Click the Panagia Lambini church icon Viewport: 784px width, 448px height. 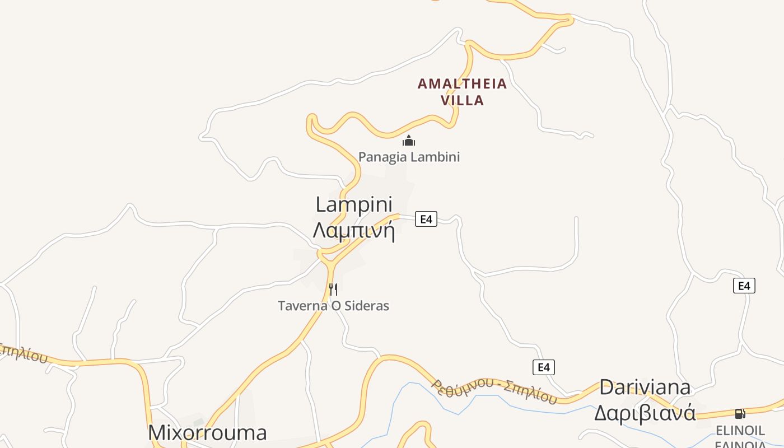[x=409, y=141]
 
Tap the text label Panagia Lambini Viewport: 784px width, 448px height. [x=409, y=157]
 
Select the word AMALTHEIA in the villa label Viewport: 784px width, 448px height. [x=462, y=84]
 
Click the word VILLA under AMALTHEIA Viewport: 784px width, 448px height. [x=462, y=101]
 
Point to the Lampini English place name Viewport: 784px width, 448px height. [x=354, y=204]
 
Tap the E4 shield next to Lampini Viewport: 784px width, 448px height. [x=426, y=219]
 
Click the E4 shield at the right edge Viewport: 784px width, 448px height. [x=744, y=286]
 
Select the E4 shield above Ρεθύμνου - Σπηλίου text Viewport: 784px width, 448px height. [x=543, y=367]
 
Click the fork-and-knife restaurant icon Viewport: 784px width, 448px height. [x=333, y=290]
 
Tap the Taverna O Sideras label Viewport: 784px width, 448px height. [x=333, y=306]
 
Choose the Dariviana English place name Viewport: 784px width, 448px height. [x=645, y=387]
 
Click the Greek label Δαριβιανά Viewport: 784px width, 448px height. [x=645, y=413]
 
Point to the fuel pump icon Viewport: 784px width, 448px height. [x=740, y=414]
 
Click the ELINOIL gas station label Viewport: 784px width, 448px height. [x=740, y=431]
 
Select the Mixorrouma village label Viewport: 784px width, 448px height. [x=207, y=433]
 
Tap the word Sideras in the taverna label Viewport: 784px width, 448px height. [x=367, y=306]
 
